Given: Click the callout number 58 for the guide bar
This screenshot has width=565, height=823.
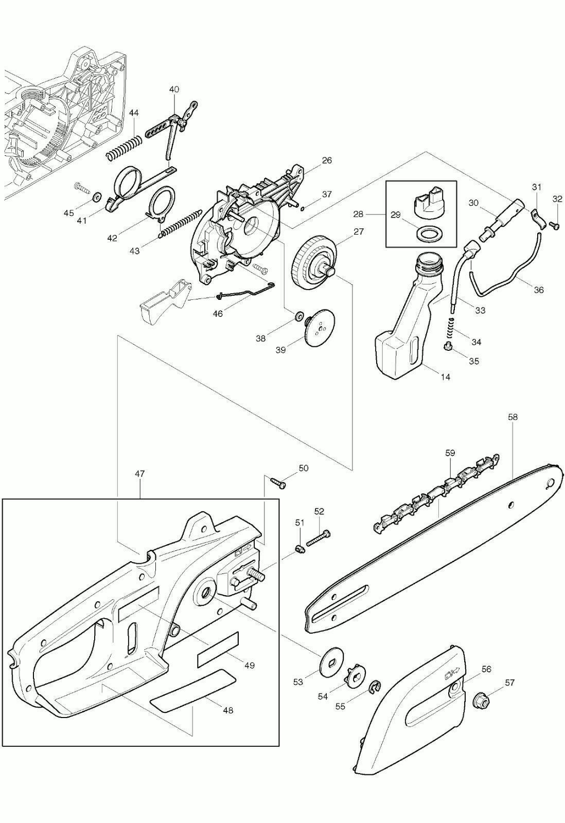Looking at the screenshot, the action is pos(513,417).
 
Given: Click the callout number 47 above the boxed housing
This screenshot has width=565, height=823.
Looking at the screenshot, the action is pos(139,474).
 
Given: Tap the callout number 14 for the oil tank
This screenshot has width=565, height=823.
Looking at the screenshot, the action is pos(445,377).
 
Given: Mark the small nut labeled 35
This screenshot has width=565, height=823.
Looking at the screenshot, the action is pos(448,346).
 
